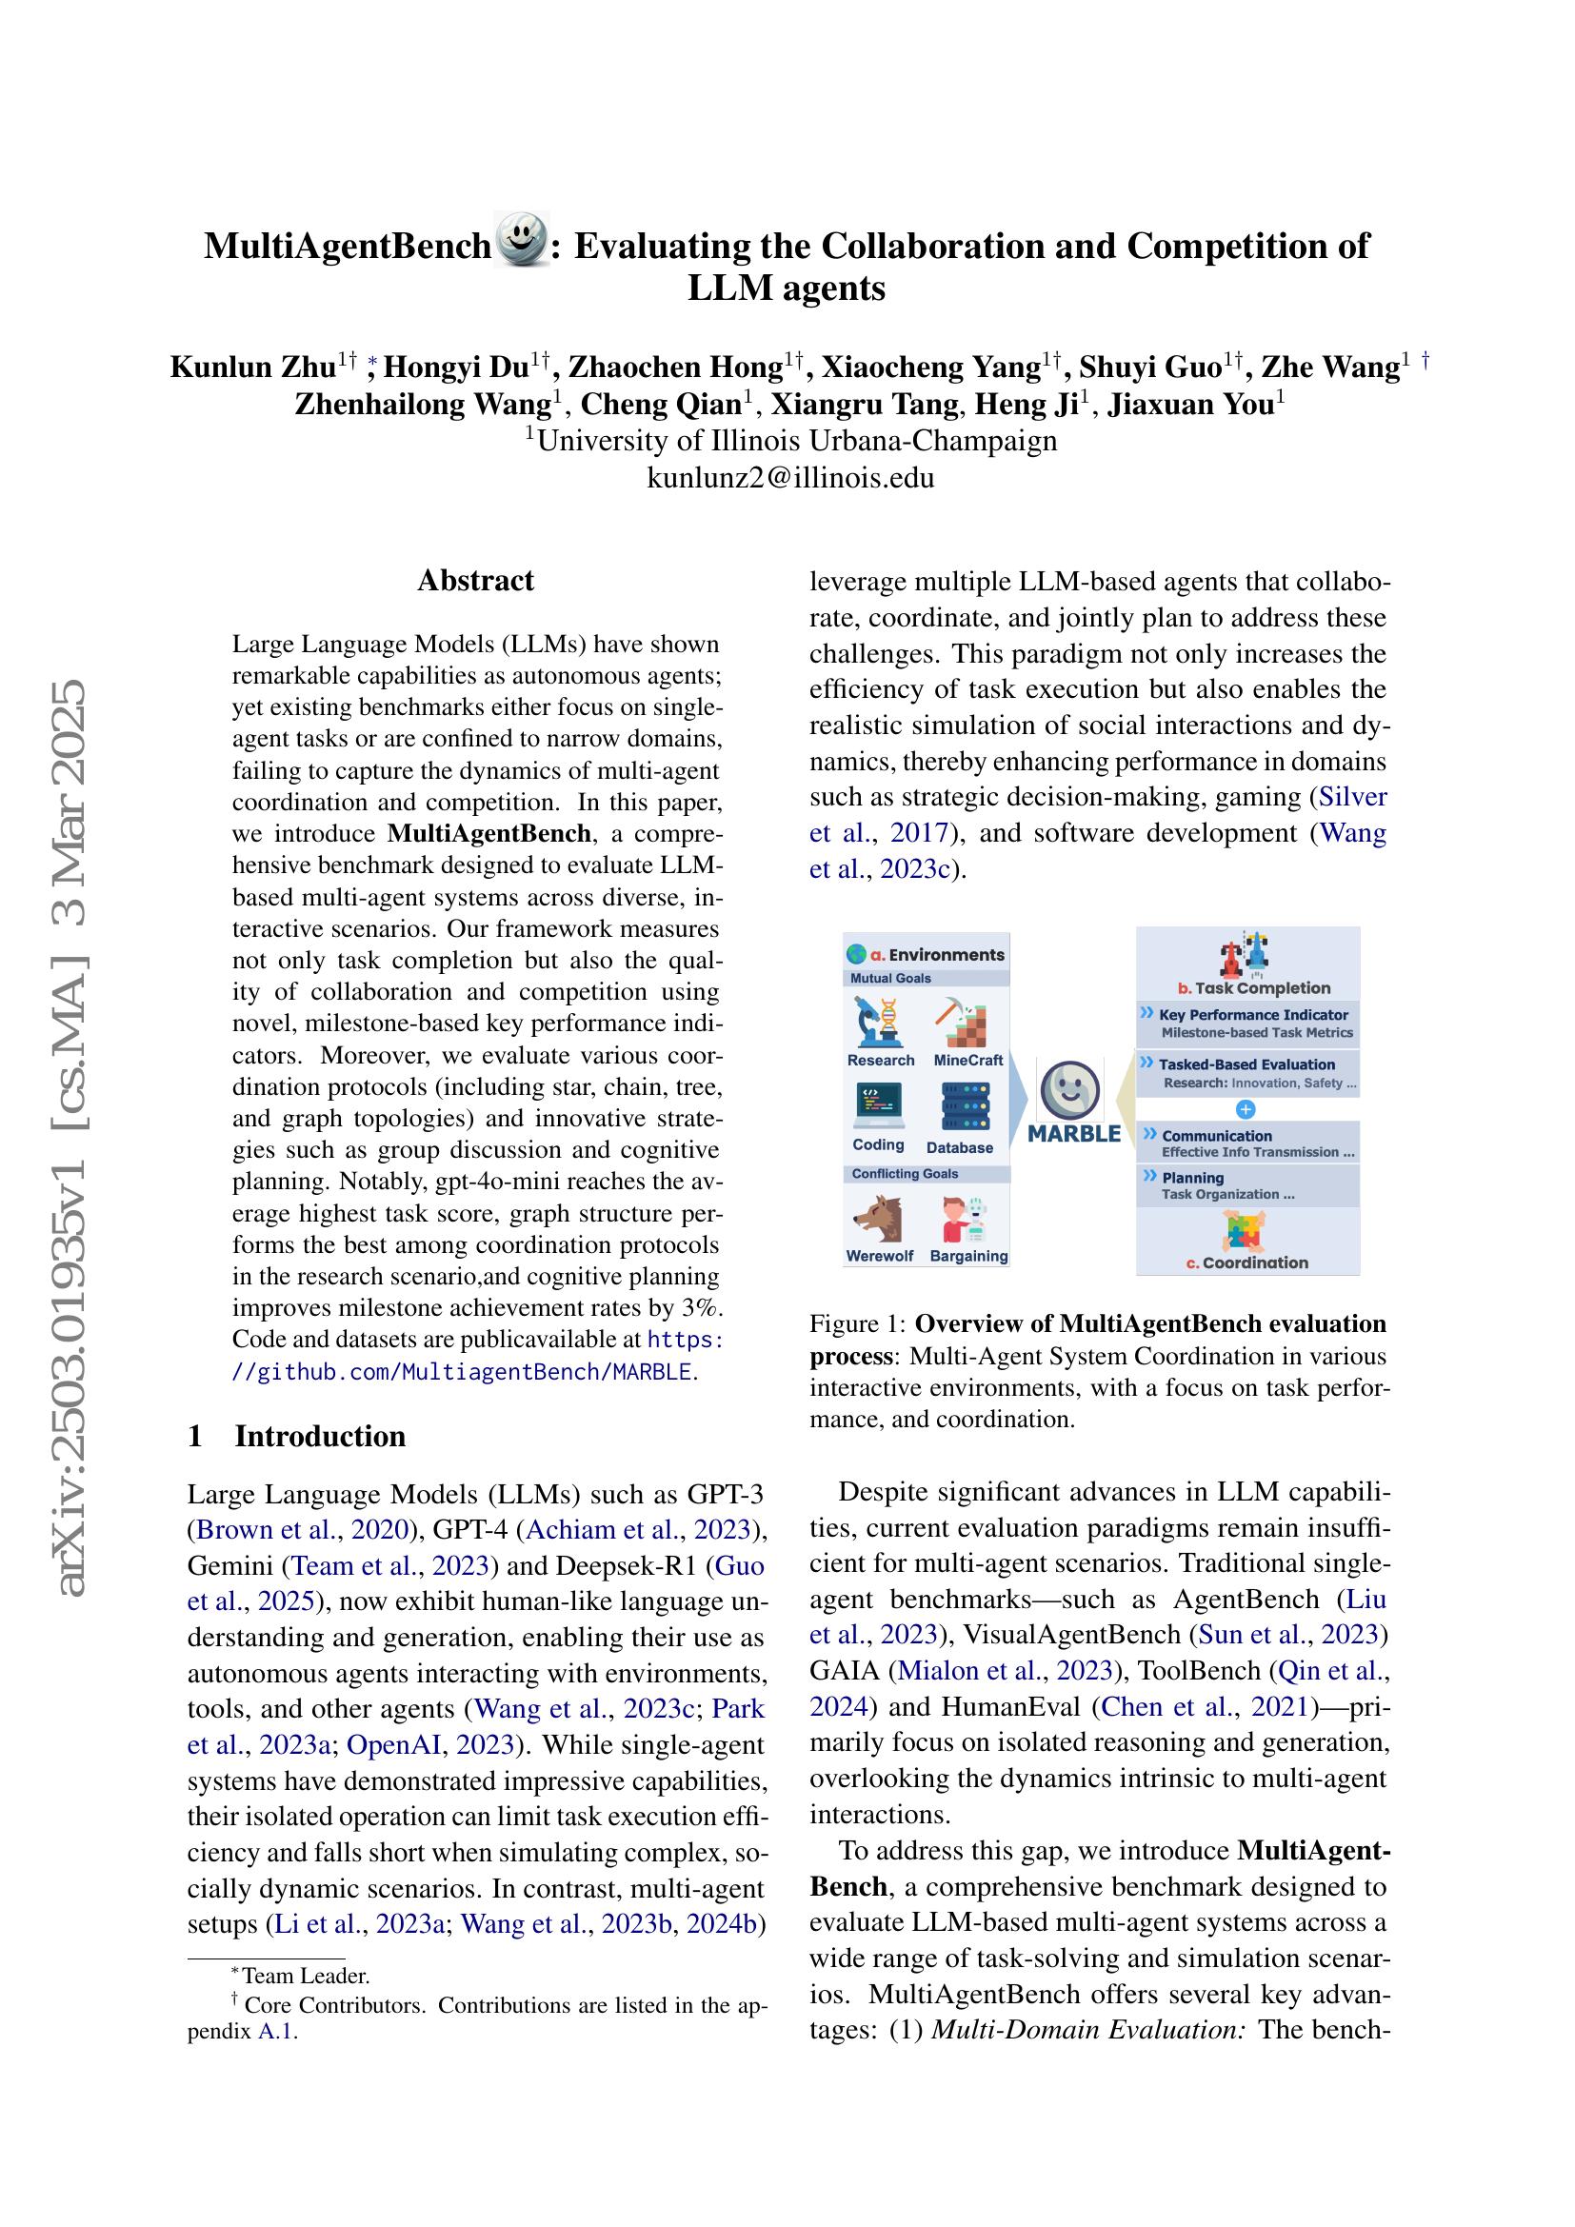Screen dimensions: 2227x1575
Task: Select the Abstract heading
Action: [475, 580]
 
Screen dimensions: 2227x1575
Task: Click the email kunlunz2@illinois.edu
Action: [790, 477]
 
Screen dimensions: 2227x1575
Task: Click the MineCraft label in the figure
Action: [967, 1060]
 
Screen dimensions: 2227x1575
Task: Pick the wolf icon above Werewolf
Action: [879, 1220]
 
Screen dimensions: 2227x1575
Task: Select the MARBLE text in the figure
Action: [1073, 1134]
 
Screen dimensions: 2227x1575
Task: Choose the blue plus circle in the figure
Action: [1247, 1108]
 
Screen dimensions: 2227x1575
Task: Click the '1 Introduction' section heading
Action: [297, 1436]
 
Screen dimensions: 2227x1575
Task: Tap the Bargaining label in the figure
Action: [967, 1256]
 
